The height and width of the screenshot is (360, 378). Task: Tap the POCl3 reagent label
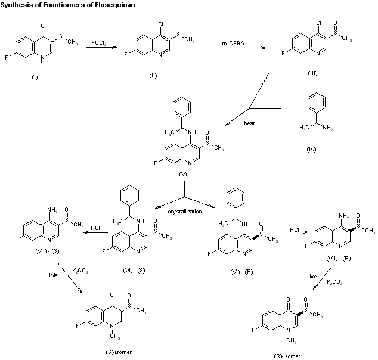tap(100, 42)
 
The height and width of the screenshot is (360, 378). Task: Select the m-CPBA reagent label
tap(234, 42)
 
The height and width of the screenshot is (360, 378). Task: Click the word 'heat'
tap(249, 123)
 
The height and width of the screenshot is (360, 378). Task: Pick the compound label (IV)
tap(311, 149)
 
